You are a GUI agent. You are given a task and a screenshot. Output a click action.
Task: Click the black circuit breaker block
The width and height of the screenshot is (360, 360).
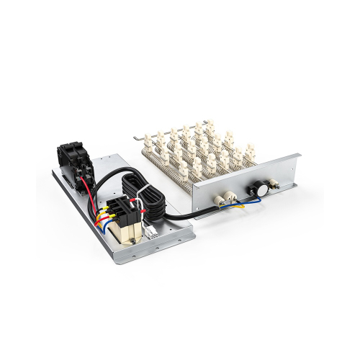[x=73, y=156]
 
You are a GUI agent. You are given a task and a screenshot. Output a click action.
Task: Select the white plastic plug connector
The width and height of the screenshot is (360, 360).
[x=152, y=231]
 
